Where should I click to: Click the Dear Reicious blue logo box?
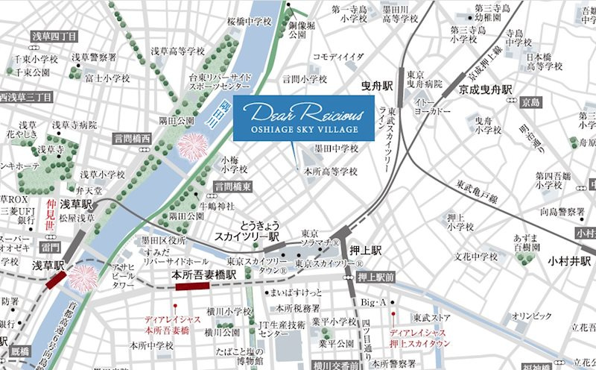click(297, 118)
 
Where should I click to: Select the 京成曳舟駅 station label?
click(484, 90)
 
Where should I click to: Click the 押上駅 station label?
click(367, 251)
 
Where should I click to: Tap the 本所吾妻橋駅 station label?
click(206, 275)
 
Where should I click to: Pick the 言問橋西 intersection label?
click(132, 139)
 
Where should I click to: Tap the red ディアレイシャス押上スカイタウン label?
click(420, 335)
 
